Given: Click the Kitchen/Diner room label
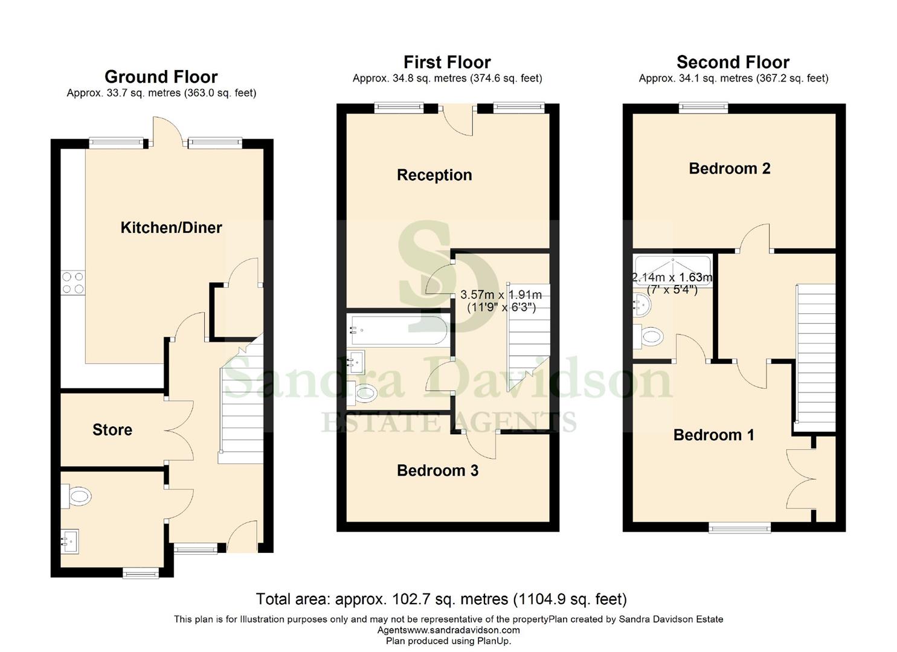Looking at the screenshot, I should pyautogui.click(x=171, y=228).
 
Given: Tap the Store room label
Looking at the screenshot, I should pyautogui.click(x=112, y=430).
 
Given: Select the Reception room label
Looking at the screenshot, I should pyautogui.click(x=434, y=175).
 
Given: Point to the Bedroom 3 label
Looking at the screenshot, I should pyautogui.click(x=437, y=470).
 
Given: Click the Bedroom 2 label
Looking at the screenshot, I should pyautogui.click(x=729, y=168).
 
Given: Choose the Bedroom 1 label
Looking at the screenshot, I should pyautogui.click(x=713, y=435).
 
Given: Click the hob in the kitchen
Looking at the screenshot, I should pyautogui.click(x=73, y=283).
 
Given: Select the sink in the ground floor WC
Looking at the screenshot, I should pyautogui.click(x=69, y=541).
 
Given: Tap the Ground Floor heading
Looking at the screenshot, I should pyautogui.click(x=161, y=77).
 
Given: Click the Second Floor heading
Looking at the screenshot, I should pyautogui.click(x=733, y=62).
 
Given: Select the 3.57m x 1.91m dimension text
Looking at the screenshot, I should pyautogui.click(x=501, y=295).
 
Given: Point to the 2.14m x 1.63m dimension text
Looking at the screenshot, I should pyautogui.click(x=672, y=278).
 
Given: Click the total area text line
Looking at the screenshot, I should pyautogui.click(x=441, y=599).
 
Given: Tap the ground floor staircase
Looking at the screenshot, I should pyautogui.click(x=242, y=404).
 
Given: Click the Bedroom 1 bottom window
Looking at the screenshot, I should pyautogui.click(x=739, y=528).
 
